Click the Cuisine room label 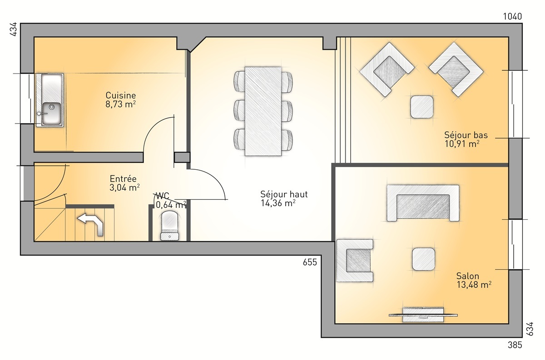click(x=121, y=95)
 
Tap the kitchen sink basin click(x=51, y=113)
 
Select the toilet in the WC click(x=169, y=226)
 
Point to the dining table click(x=263, y=111)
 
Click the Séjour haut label click(x=284, y=194)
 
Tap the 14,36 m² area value click(x=278, y=203)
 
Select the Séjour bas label click(x=466, y=135)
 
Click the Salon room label click(x=468, y=276)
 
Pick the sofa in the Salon click(x=423, y=203)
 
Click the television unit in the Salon click(x=423, y=315)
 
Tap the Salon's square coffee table click(x=423, y=259)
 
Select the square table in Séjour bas click(x=422, y=107)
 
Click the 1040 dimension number click(x=512, y=16)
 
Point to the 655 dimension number click(x=310, y=262)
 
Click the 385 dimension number click(x=515, y=345)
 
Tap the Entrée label click(x=123, y=179)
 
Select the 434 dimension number click(x=13, y=30)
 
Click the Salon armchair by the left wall click(x=355, y=260)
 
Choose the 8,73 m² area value click(x=120, y=104)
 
